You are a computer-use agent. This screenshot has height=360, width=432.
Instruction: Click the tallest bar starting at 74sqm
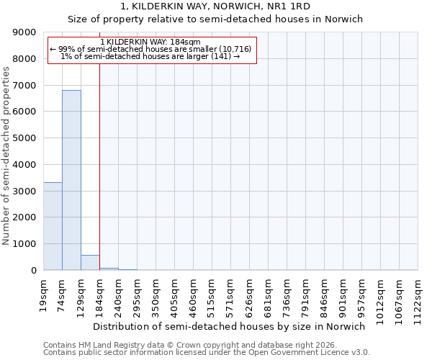(71, 180)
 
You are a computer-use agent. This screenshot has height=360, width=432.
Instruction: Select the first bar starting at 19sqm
(53, 226)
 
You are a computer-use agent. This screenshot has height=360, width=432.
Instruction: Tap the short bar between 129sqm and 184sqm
(90, 263)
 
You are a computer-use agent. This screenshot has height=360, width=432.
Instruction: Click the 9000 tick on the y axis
(24, 32)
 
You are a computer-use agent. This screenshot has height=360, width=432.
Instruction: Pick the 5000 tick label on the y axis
(24, 138)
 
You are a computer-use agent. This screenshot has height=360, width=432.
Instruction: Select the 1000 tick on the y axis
(24, 244)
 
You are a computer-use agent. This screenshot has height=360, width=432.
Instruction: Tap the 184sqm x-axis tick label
(100, 293)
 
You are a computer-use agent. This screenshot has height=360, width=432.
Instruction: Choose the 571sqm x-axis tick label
(231, 293)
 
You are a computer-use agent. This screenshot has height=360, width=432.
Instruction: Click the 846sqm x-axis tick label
(325, 293)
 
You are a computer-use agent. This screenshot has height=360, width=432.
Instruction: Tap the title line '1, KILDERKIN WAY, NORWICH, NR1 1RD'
(215, 6)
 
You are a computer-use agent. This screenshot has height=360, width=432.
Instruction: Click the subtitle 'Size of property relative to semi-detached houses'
(215, 19)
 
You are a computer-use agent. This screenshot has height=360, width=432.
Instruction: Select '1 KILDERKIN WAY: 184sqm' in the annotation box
(150, 42)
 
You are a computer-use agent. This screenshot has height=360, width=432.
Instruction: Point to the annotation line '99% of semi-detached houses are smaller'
(150, 49)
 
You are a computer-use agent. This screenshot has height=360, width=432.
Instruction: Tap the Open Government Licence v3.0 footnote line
(207, 353)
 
